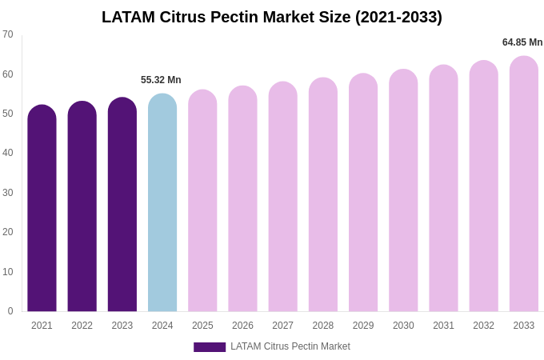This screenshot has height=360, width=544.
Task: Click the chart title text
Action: point(271,17)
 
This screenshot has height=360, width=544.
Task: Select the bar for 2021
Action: point(42,208)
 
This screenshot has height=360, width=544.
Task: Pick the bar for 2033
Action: point(524,184)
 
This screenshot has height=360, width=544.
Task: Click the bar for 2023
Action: point(122,205)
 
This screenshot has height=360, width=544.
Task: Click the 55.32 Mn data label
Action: point(161,80)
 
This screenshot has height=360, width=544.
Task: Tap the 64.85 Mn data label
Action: point(522,42)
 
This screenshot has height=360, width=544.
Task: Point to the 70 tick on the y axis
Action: point(8,34)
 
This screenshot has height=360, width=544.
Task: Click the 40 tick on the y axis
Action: point(8,153)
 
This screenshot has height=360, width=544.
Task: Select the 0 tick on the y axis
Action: point(10,311)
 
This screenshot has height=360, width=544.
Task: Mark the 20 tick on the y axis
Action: point(8,232)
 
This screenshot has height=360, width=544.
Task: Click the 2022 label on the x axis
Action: point(82,326)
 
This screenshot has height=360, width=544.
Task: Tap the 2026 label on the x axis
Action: point(242,326)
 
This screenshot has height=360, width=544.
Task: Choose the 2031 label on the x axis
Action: point(443,326)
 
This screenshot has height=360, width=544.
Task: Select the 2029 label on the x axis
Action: point(363,326)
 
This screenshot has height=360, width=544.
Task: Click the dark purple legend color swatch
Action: point(210,347)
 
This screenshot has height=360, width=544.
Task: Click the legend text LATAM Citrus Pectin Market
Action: point(290,346)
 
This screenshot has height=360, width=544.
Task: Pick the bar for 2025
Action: point(202,200)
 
